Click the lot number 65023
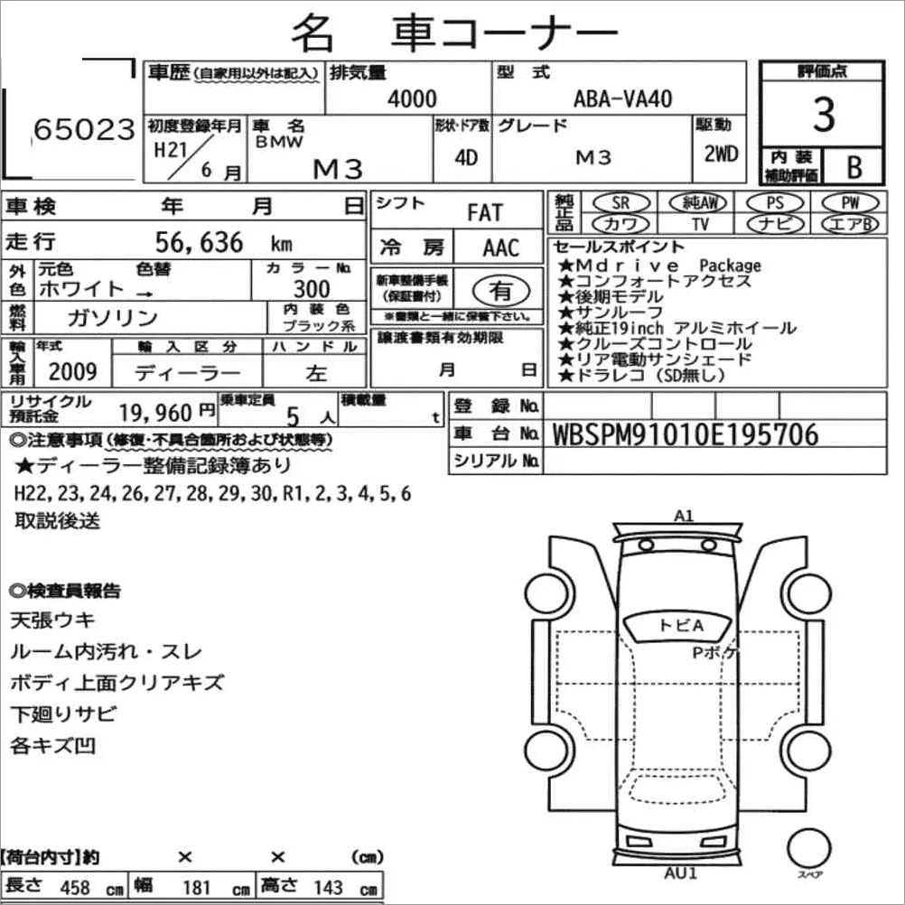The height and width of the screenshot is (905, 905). [x=84, y=129]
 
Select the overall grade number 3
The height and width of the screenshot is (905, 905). [x=824, y=115]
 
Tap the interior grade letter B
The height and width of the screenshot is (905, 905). [x=854, y=167]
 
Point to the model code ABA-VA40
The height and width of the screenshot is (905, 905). [x=623, y=98]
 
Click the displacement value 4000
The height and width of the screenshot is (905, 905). [x=412, y=98]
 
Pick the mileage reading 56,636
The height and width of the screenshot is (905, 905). [x=199, y=242]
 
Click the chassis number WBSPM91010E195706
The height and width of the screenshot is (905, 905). [x=686, y=434]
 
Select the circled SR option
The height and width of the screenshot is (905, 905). [x=621, y=202]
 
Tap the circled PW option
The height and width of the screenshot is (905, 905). [x=850, y=202]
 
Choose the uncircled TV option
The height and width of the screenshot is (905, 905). [x=700, y=224]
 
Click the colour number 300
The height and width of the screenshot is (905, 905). [x=312, y=289]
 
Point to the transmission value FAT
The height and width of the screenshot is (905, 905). [x=485, y=213]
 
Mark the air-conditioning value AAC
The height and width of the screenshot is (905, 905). [x=500, y=248]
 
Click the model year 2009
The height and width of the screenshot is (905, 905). [x=73, y=372]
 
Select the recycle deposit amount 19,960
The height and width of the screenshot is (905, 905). [x=155, y=413]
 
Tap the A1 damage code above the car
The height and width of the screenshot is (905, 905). [x=684, y=516]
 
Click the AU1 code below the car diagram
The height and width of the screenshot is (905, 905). [x=680, y=872]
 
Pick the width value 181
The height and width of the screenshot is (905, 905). [x=196, y=888]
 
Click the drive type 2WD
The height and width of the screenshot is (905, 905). [x=721, y=154]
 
